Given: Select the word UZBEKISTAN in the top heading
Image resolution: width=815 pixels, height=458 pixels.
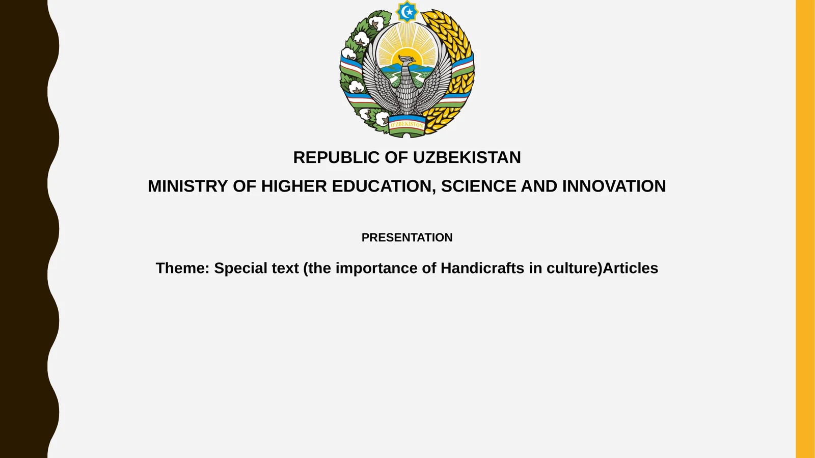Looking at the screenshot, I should pyautogui.click(x=467, y=157).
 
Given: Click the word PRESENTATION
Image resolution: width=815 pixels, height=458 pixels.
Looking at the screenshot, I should pyautogui.click(x=407, y=237).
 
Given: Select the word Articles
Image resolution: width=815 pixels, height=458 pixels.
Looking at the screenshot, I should pyautogui.click(x=630, y=268).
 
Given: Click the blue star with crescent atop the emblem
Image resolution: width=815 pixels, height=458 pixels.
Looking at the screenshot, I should pyautogui.click(x=407, y=11).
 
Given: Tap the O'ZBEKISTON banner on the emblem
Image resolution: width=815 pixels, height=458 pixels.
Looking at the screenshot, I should pyautogui.click(x=406, y=124).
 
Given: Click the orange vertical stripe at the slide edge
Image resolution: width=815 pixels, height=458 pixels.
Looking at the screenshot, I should pyautogui.click(x=805, y=229).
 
